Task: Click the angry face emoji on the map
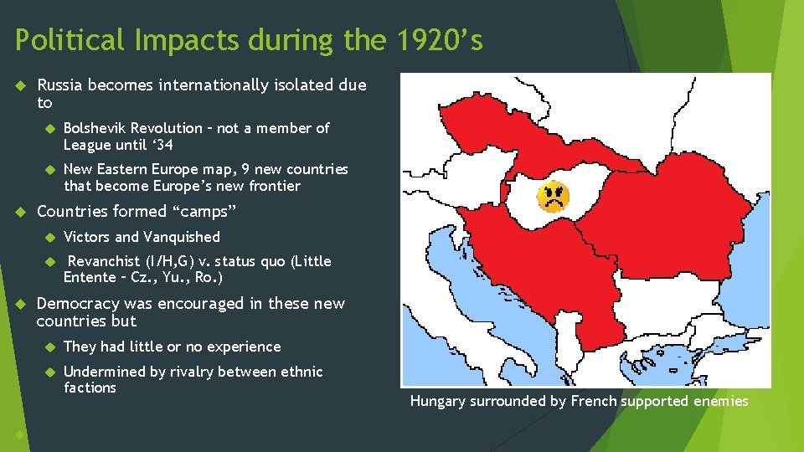[x=553, y=197]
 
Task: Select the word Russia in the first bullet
[x=60, y=85]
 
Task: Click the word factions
[x=90, y=388]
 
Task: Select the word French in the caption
[x=593, y=402]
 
